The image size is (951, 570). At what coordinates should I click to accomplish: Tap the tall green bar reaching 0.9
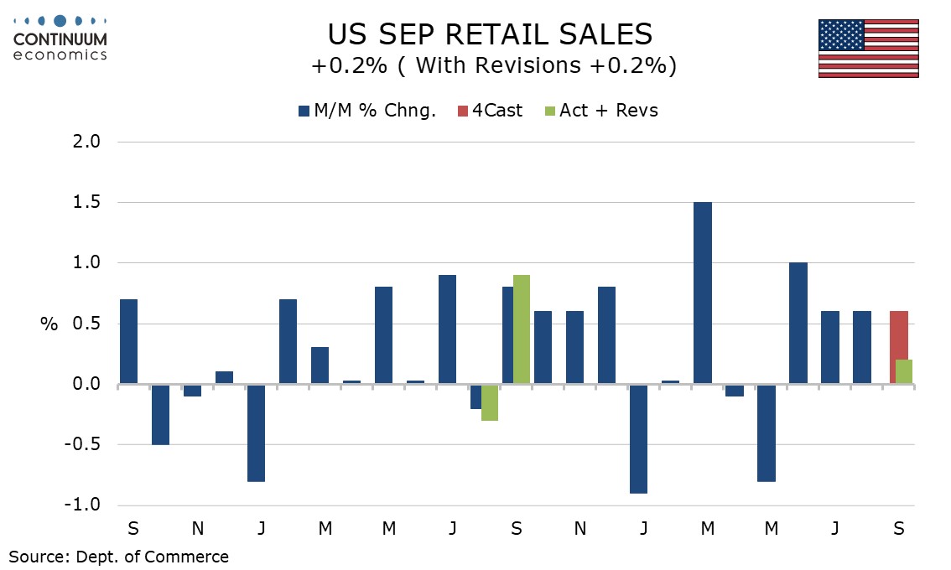pyautogui.click(x=521, y=329)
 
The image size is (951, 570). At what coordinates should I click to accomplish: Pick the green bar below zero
pyautogui.click(x=490, y=402)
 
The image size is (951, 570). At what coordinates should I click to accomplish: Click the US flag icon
pyautogui.click(x=868, y=48)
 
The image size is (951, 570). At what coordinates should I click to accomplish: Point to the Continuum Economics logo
pyautogui.click(x=60, y=38)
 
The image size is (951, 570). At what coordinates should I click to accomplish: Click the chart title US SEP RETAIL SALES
pyautogui.click(x=490, y=35)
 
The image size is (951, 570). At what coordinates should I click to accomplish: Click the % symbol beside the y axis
pyautogui.click(x=49, y=324)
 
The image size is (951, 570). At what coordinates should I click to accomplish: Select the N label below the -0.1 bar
pyautogui.click(x=197, y=529)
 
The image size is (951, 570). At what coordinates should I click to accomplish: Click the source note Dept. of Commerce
pyautogui.click(x=118, y=556)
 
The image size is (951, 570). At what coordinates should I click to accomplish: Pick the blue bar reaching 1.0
pyautogui.click(x=798, y=324)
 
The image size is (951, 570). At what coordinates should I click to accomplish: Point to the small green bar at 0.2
pyautogui.click(x=904, y=372)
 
